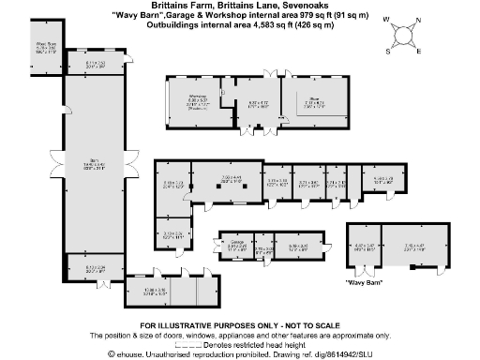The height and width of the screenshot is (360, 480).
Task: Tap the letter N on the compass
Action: [417, 22]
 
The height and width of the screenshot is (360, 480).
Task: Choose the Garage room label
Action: [235, 244]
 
